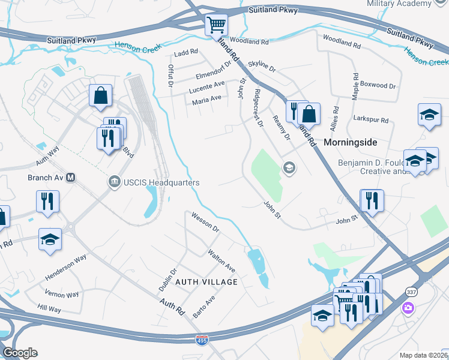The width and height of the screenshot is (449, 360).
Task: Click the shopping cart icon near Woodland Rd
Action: [x=216, y=26]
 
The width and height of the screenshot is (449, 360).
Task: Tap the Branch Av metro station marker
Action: [x=70, y=178]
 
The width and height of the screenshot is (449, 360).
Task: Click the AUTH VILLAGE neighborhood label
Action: [x=206, y=281]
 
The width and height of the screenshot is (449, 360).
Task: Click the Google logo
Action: [x=20, y=352]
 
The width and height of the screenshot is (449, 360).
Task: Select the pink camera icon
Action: [x=408, y=308]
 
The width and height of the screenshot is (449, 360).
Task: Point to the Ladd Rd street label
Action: [x=185, y=53]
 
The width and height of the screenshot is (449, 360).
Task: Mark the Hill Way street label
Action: [x=49, y=309]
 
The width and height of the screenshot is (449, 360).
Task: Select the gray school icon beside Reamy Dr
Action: [x=289, y=167]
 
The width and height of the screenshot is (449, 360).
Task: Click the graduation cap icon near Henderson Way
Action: [x=50, y=239]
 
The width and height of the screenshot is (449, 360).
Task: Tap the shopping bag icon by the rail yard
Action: [x=100, y=95]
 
